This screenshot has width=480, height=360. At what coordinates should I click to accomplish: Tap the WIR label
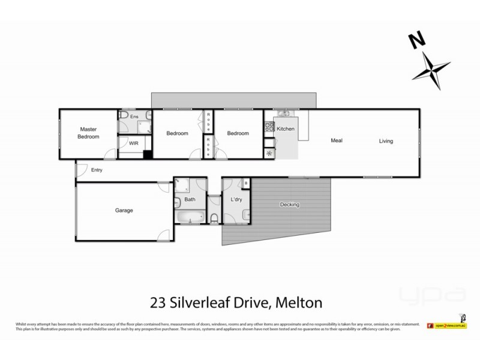133,144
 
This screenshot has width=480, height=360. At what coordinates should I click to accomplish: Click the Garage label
124,211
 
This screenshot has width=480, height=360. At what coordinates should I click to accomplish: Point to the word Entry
97,170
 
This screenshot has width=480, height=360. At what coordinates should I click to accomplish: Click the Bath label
190,199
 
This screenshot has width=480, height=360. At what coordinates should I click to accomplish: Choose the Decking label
289,205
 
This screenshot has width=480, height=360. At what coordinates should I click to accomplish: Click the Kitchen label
286,129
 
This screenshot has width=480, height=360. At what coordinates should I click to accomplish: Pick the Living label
386,142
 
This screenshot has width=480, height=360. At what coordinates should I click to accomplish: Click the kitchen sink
284,114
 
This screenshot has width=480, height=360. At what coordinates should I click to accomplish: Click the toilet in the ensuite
122,115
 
